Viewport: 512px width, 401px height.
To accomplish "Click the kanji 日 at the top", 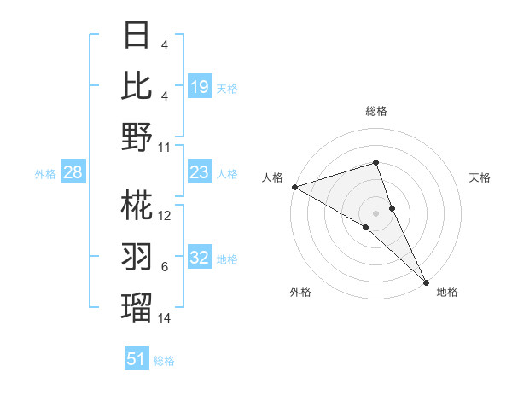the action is [137, 37].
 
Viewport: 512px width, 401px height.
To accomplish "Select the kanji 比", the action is [137, 86].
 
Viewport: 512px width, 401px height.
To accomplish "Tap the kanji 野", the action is [137, 137].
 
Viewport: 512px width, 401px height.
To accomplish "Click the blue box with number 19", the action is [200, 86].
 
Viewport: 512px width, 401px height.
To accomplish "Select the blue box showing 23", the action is [200, 173].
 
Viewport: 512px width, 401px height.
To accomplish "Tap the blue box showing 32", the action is [200, 259].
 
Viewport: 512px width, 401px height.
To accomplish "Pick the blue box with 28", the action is [73, 173].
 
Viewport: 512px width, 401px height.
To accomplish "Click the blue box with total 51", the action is [137, 359].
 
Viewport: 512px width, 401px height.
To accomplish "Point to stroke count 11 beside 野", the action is [165, 148].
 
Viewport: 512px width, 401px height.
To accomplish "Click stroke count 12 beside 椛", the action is [165, 216].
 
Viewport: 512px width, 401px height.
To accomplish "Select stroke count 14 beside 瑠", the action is [165, 318].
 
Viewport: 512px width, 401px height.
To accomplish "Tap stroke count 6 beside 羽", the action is [165, 267].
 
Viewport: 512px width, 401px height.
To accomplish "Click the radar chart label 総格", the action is [375, 111].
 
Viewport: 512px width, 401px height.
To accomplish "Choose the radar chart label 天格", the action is [480, 177].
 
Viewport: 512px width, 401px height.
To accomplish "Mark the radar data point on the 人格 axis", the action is [294, 186].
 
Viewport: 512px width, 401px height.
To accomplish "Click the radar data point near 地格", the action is [426, 281].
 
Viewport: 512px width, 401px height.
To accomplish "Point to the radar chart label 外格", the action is [300, 292].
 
